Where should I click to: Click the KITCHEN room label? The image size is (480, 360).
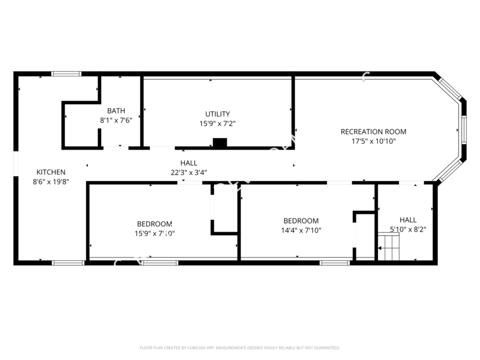pos(51,172)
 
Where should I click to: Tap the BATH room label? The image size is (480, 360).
pos(116,110)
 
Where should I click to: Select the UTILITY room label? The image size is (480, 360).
pos(218,114)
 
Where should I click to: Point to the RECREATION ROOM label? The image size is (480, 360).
pos(373,132)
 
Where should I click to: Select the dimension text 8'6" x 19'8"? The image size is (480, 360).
pos(51,181)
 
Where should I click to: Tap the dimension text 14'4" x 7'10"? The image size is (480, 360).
pos(301,230)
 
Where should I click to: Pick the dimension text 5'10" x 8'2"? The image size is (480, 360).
pos(408,229)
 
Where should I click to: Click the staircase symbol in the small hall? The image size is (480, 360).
pos(388,247)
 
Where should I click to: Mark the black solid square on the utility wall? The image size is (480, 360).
pos(220,142)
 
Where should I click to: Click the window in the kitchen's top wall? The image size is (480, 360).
pos(66,74)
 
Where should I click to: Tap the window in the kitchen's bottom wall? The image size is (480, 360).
pos(68,262)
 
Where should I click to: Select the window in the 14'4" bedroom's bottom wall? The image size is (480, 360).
pos(334,262)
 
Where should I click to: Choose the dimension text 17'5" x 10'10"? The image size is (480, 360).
pos(373,141)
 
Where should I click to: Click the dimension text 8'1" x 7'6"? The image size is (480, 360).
pos(116,120)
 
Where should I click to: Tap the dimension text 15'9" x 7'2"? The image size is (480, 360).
pos(218,123)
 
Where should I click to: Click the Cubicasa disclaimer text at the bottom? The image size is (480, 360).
pos(239,348)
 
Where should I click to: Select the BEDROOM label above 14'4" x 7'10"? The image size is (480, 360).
pos(301,221)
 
